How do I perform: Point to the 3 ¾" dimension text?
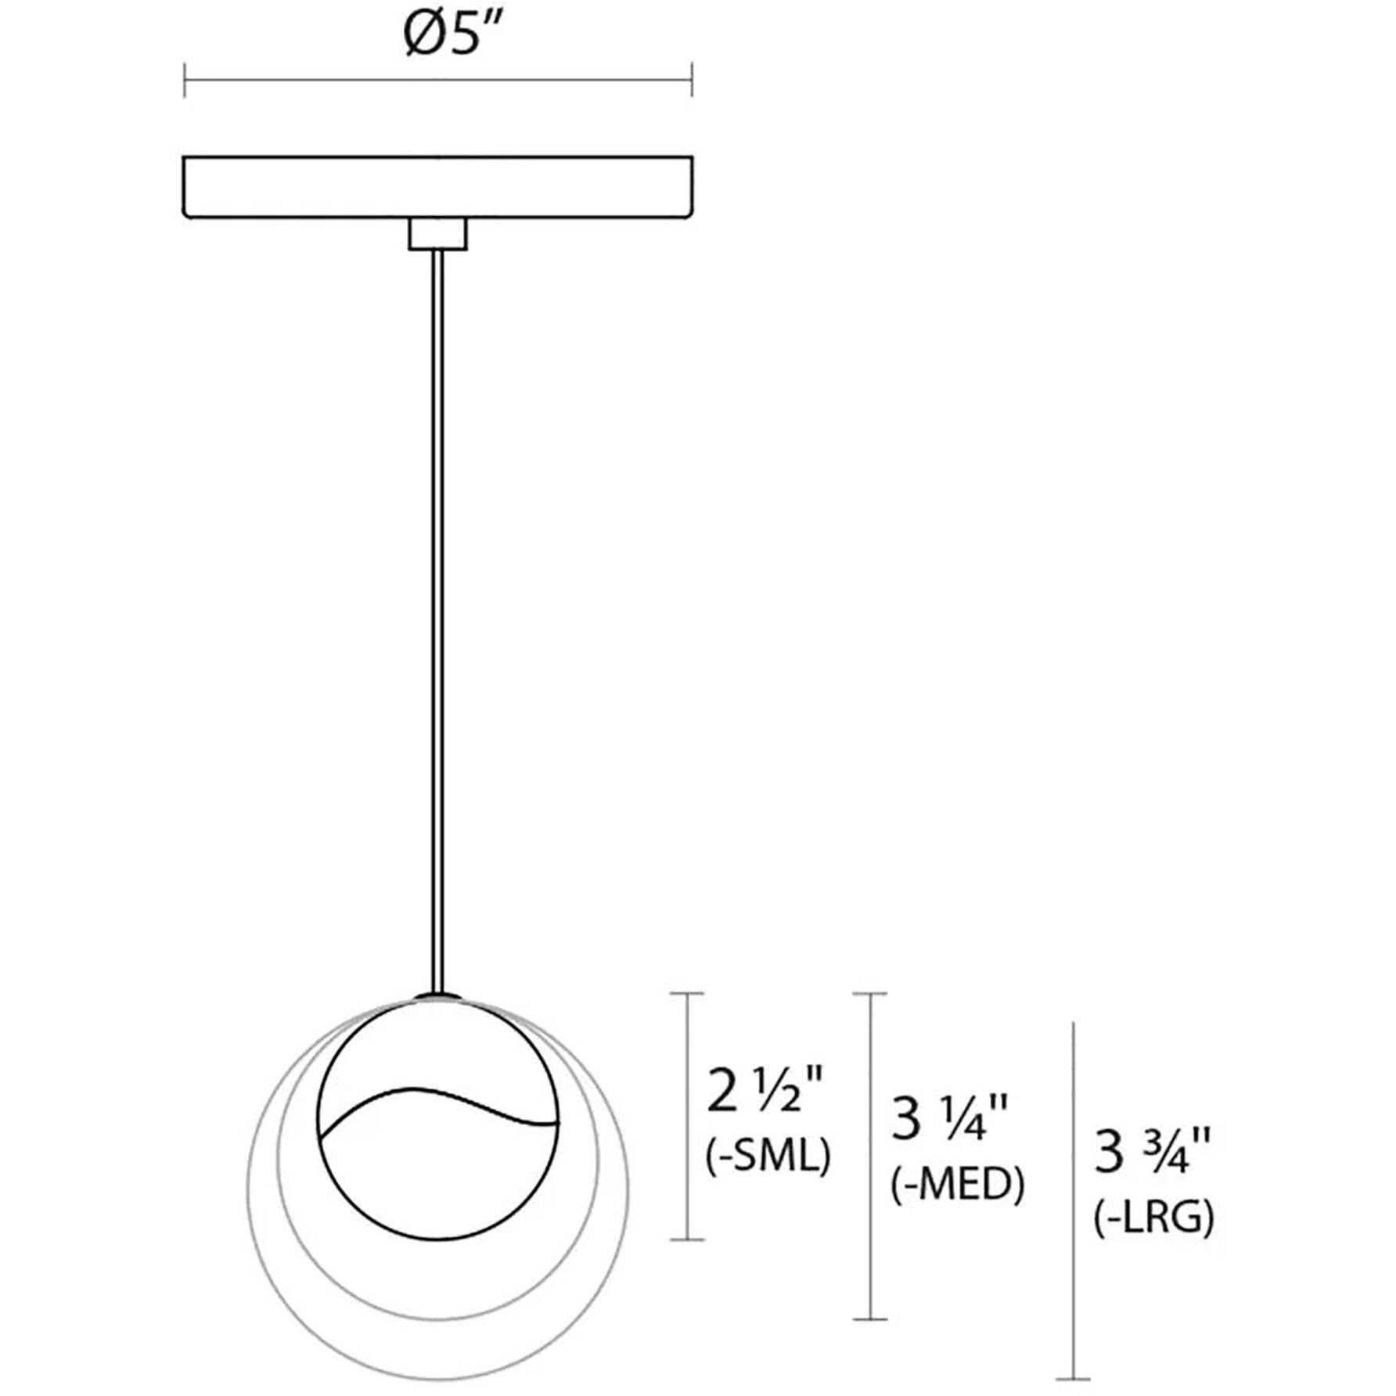[1152, 1153]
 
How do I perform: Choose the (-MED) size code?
[957, 1185]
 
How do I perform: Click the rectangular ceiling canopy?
[437, 186]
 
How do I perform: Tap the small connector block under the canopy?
[437, 235]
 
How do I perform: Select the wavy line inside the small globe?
[438, 1104]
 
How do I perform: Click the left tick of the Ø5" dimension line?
[185, 80]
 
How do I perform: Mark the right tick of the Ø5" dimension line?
[692, 80]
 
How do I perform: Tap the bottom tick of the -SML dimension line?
[688, 1239]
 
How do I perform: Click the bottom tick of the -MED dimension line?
[870, 1319]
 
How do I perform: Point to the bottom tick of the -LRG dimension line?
[1072, 1379]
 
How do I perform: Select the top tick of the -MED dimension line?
[870, 994]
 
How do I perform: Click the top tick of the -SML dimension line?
[688, 994]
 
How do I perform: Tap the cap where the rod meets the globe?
[438, 995]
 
